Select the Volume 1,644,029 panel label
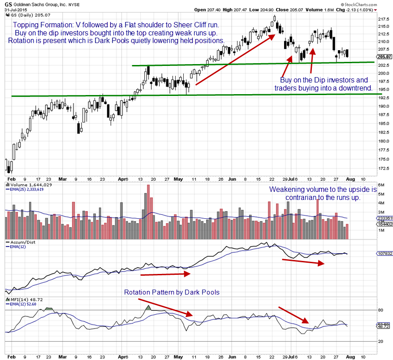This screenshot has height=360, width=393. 29,185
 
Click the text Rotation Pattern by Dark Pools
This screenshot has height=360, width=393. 172,292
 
